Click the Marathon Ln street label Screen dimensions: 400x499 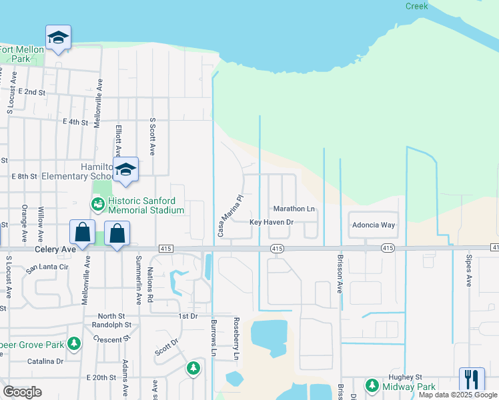pos(294,209)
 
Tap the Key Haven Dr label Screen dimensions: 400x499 pos(272,222)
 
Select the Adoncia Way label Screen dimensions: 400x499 pos(374,225)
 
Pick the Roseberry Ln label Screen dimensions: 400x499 pos(235,338)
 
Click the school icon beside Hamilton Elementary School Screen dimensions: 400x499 pos(125,171)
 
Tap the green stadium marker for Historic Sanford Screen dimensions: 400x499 pos(97,205)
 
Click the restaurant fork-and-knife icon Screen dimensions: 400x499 pos(471,379)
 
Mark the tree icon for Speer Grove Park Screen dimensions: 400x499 pos(74,344)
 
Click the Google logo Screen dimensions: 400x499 pos(22,392)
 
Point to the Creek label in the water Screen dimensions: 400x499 pos(416,6)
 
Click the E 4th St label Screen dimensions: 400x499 pos(75,122)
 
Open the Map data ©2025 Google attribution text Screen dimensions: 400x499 pos(458,395)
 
